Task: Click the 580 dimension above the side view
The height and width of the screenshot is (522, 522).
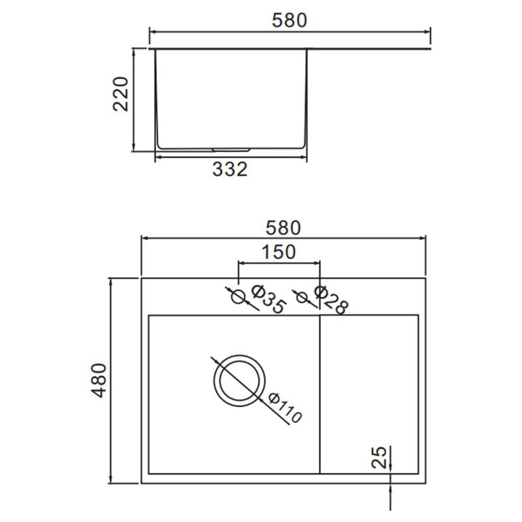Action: [289, 20]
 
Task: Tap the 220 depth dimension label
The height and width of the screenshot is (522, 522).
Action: [121, 94]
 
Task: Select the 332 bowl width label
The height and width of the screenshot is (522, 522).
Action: [230, 169]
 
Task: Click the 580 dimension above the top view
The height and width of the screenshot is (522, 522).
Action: [283, 228]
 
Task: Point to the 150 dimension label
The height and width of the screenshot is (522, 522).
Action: [279, 252]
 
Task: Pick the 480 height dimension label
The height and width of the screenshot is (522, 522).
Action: [99, 380]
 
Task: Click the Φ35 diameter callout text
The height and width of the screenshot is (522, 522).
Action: [268, 299]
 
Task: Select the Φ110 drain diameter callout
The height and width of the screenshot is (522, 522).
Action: [285, 408]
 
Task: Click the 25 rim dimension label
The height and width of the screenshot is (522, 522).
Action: [379, 457]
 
